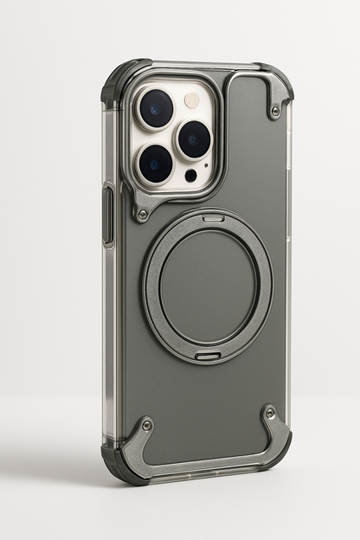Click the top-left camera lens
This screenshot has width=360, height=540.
[x=157, y=108]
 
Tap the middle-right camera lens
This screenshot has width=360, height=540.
[x=194, y=138]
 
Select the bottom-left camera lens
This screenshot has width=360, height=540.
[x=157, y=163]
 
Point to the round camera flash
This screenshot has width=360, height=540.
[x=192, y=100]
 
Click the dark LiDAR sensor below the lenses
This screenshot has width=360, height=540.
[x=190, y=176]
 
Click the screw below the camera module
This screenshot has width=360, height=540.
[x=142, y=214]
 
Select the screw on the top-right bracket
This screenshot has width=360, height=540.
[x=275, y=111]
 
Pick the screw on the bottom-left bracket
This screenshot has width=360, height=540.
[x=147, y=424]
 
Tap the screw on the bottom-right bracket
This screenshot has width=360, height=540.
[x=270, y=413]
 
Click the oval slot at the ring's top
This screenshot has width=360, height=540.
[x=213, y=218]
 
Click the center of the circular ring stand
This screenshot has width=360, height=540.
[x=208, y=286]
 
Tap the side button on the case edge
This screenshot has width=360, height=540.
[x=107, y=215]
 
